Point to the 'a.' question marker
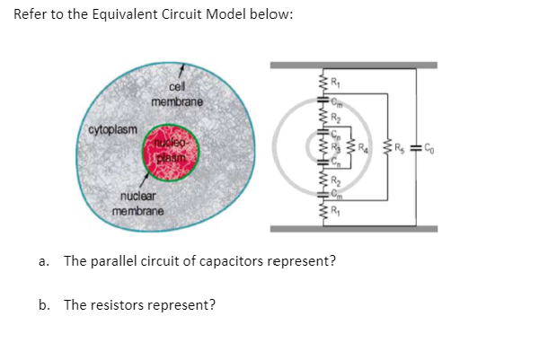point(44,261)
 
